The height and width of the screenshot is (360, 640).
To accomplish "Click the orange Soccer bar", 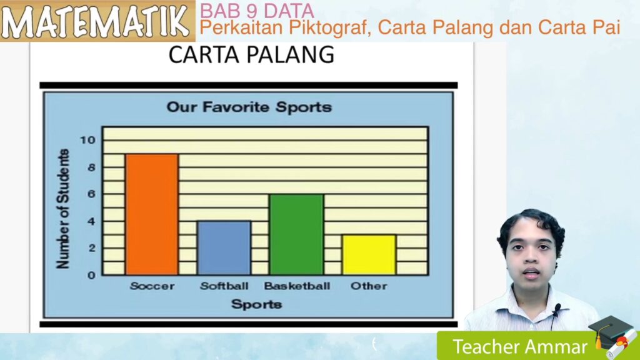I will coord(152,214).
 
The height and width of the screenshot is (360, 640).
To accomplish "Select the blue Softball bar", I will coord(224,247).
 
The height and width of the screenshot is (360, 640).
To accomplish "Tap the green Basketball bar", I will coord(296,234).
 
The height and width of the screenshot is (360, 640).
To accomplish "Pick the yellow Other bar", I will coord(369,254).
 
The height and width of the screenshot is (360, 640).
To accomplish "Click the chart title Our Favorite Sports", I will coord(249,107).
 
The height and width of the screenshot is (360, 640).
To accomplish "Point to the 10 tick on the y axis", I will coord(87,140).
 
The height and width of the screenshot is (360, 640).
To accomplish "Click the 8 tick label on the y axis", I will coord(91,167).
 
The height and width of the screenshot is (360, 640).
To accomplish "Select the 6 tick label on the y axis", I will coord(91,194).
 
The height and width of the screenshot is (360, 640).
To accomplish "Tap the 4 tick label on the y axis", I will coord(91,221).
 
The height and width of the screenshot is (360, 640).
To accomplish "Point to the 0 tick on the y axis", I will coord(91,274).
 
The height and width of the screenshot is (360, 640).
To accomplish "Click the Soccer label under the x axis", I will coord(152,286).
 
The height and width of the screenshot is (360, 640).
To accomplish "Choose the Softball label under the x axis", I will coord(224,286).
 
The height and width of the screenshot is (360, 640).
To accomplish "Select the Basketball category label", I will coord(296,286).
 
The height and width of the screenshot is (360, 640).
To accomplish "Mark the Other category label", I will coord(369,286).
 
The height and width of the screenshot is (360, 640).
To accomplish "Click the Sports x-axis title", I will coord(256,304).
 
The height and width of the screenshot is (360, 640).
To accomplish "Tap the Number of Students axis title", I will coord(62,209).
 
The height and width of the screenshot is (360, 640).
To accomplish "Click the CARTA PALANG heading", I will coord(251,56).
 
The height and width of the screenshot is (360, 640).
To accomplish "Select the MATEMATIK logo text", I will coord(97,21).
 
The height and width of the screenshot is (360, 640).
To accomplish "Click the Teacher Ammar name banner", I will coord(520,346).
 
